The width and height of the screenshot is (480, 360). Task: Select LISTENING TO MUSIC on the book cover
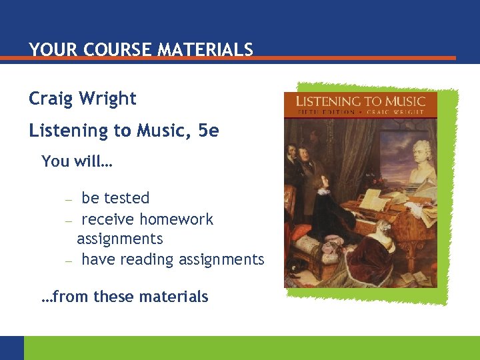(360, 101)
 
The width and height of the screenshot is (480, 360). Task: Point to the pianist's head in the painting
(323, 182)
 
